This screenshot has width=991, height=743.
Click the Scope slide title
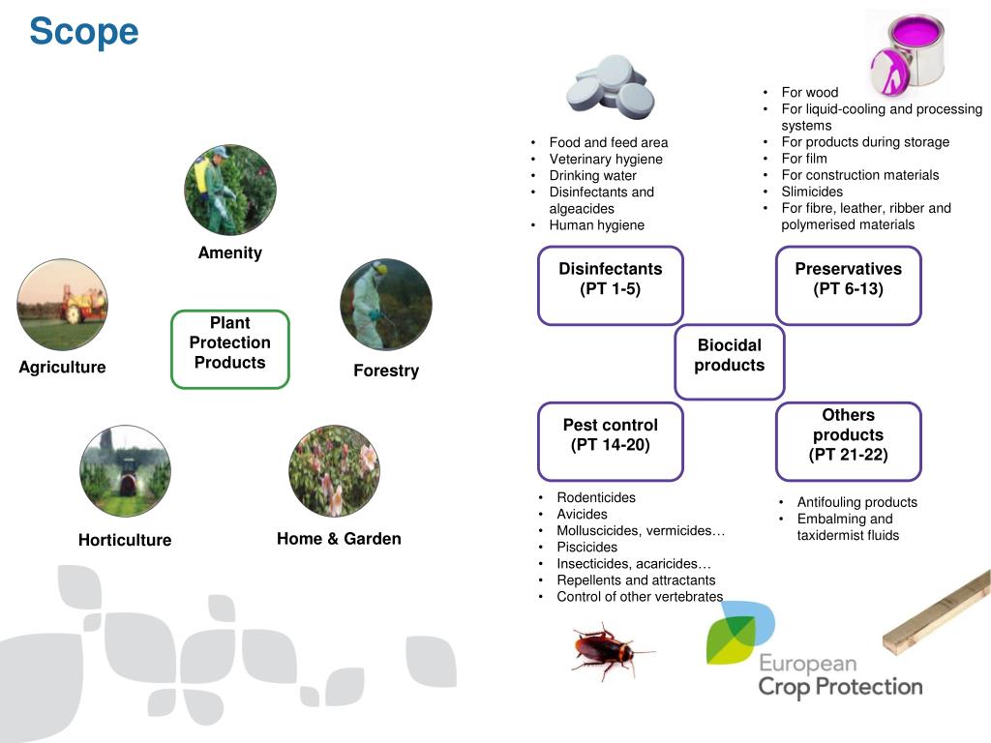84,32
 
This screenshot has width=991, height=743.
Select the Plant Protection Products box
230,348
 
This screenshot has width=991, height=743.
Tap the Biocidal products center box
729,361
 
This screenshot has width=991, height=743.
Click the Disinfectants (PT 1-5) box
610,284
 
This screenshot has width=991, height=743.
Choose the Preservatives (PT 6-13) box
848,284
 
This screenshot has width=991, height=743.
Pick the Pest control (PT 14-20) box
610,441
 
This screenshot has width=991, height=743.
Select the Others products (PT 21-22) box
848,441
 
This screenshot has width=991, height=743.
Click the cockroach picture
607,649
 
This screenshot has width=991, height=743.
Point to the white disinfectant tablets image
611,85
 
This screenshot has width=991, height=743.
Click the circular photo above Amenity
230,191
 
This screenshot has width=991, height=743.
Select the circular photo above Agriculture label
63,305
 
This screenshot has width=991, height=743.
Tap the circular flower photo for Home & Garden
334,471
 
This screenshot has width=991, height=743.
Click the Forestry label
386,371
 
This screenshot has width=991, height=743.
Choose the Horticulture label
125,540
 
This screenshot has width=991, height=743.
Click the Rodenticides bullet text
596,497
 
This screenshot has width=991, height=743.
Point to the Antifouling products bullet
856,502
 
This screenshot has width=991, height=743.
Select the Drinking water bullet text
592,175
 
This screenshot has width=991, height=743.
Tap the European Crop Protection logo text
839,675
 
